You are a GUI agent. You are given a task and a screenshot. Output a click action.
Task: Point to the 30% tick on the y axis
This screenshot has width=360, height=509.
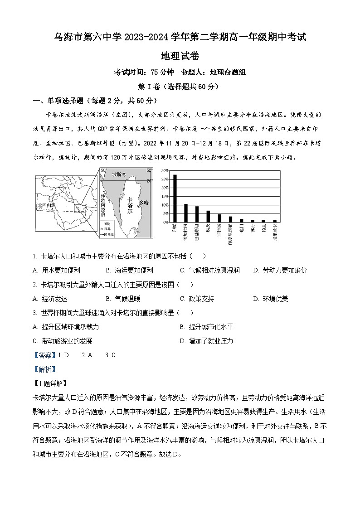pyautogui.click(x=165, y=170)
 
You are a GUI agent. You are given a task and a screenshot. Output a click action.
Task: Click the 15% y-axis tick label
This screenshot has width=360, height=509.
pyautogui.click(x=165, y=196)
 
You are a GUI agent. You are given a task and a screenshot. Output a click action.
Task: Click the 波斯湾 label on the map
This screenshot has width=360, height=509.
pyautogui.click(x=118, y=175)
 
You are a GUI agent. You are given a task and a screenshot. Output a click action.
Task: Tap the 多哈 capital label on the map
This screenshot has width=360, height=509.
pyautogui.click(x=144, y=203)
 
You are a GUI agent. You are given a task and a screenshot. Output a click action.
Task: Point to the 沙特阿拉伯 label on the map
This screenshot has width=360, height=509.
pyautogui.click(x=103, y=203)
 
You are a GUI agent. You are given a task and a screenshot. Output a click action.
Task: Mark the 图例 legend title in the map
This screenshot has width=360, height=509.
pyautogui.click(x=107, y=224)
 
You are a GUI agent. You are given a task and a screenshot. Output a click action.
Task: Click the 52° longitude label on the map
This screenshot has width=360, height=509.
pyautogui.click(x=149, y=170)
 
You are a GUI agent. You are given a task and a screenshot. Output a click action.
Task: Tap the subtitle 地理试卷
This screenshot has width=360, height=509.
pyautogui.click(x=180, y=56)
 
